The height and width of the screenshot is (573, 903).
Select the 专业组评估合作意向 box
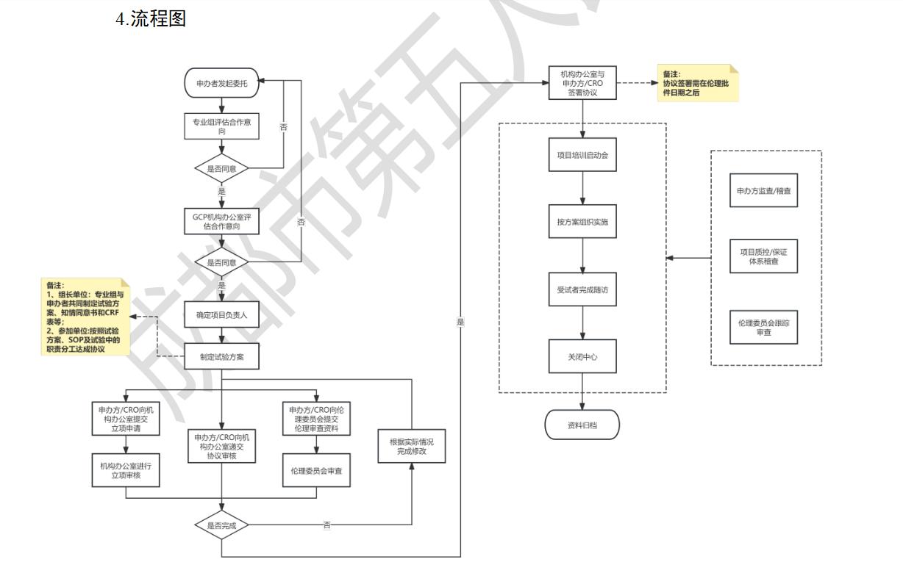[221, 127]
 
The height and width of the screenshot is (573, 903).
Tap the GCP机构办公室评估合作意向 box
[221, 221]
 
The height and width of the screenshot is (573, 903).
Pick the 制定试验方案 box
[221, 357]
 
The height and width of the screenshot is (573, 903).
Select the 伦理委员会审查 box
[317, 471]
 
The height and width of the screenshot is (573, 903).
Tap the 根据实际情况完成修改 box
[413, 445]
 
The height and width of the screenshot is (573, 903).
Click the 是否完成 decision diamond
[221, 525]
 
